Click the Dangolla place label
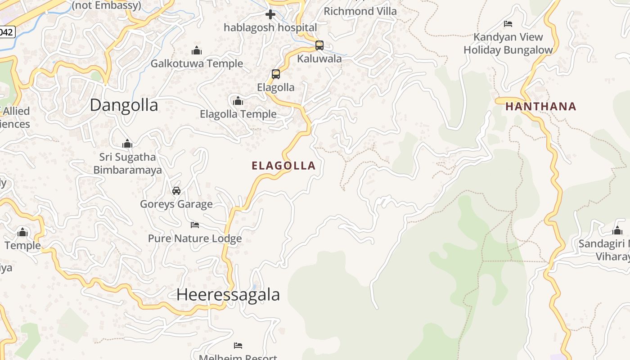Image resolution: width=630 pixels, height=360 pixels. (x=124, y=105)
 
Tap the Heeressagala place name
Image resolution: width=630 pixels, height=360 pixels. (x=228, y=295)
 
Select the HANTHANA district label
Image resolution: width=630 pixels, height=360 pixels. (x=540, y=107)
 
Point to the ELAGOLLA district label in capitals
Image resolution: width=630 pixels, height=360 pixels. (x=283, y=166)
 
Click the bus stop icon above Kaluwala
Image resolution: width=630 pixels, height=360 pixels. (x=319, y=45)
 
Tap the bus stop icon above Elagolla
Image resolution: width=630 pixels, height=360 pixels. (x=276, y=74)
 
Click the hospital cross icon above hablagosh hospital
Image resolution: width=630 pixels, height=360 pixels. (x=270, y=14)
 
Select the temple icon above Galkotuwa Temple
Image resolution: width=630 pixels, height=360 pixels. (x=197, y=50)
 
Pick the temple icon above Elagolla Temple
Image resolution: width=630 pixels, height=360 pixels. (x=238, y=101)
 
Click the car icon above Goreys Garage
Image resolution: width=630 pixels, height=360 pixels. (x=176, y=191)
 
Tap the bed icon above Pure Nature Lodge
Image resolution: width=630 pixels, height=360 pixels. (x=195, y=225)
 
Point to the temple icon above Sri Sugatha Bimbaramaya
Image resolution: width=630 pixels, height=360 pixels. (x=127, y=144)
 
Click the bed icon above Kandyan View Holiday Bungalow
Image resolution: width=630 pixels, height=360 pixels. (x=508, y=23)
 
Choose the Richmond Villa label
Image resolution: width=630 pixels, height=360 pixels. (x=360, y=11)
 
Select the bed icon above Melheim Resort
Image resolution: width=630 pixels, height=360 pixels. (x=238, y=346)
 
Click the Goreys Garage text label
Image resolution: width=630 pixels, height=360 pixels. (x=176, y=204)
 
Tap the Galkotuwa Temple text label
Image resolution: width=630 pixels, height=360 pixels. (x=197, y=64)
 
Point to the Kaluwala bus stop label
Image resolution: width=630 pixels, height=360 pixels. (x=319, y=59)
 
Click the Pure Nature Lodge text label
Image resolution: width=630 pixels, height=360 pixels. (x=195, y=238)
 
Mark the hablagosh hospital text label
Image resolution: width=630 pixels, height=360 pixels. (x=270, y=27)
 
